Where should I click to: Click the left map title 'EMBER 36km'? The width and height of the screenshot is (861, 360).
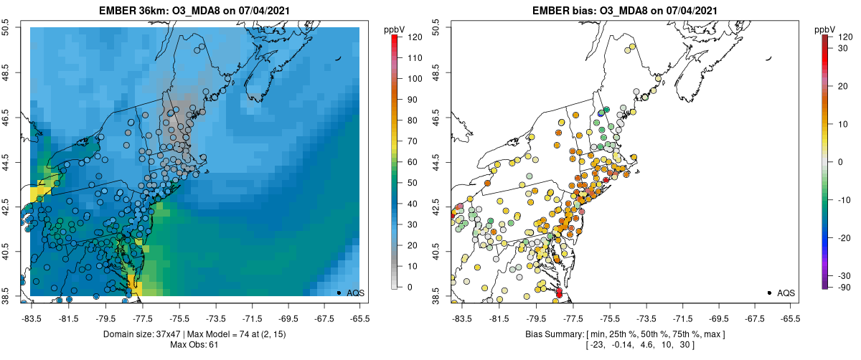point(132,9)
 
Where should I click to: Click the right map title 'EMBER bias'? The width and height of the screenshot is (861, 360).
point(561,9)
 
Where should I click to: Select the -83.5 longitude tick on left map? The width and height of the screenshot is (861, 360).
point(31,319)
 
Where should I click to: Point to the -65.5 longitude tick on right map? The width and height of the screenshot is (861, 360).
point(790,319)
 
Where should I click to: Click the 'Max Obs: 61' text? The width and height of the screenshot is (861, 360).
point(194,345)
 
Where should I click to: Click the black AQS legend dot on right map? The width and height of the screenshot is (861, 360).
point(768,293)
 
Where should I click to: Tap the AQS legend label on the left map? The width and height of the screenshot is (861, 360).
point(356,293)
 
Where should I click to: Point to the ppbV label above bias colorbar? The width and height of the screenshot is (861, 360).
point(826,29)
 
